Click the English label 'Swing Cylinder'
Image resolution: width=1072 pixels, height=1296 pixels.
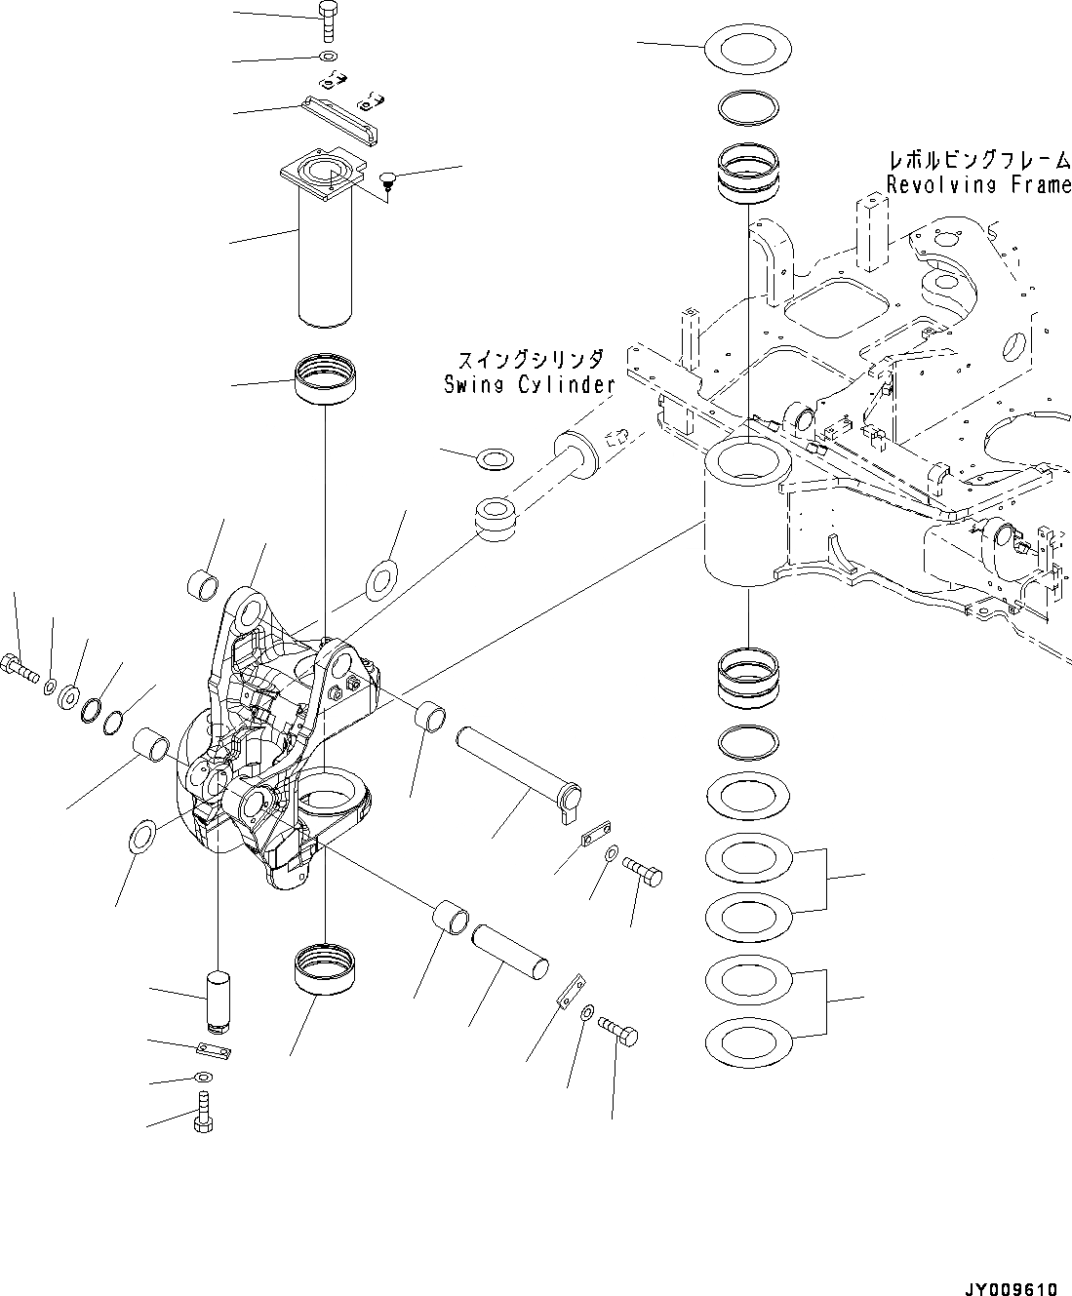(x=529, y=384)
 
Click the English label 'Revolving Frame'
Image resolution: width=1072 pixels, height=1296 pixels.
(x=978, y=184)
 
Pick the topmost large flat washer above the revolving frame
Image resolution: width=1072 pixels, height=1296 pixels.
(x=747, y=48)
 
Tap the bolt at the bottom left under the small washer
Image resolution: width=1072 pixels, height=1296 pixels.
(x=204, y=1114)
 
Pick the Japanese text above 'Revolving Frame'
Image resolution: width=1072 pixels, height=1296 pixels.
(x=978, y=159)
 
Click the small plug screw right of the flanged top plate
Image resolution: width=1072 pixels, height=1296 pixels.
(x=386, y=181)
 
